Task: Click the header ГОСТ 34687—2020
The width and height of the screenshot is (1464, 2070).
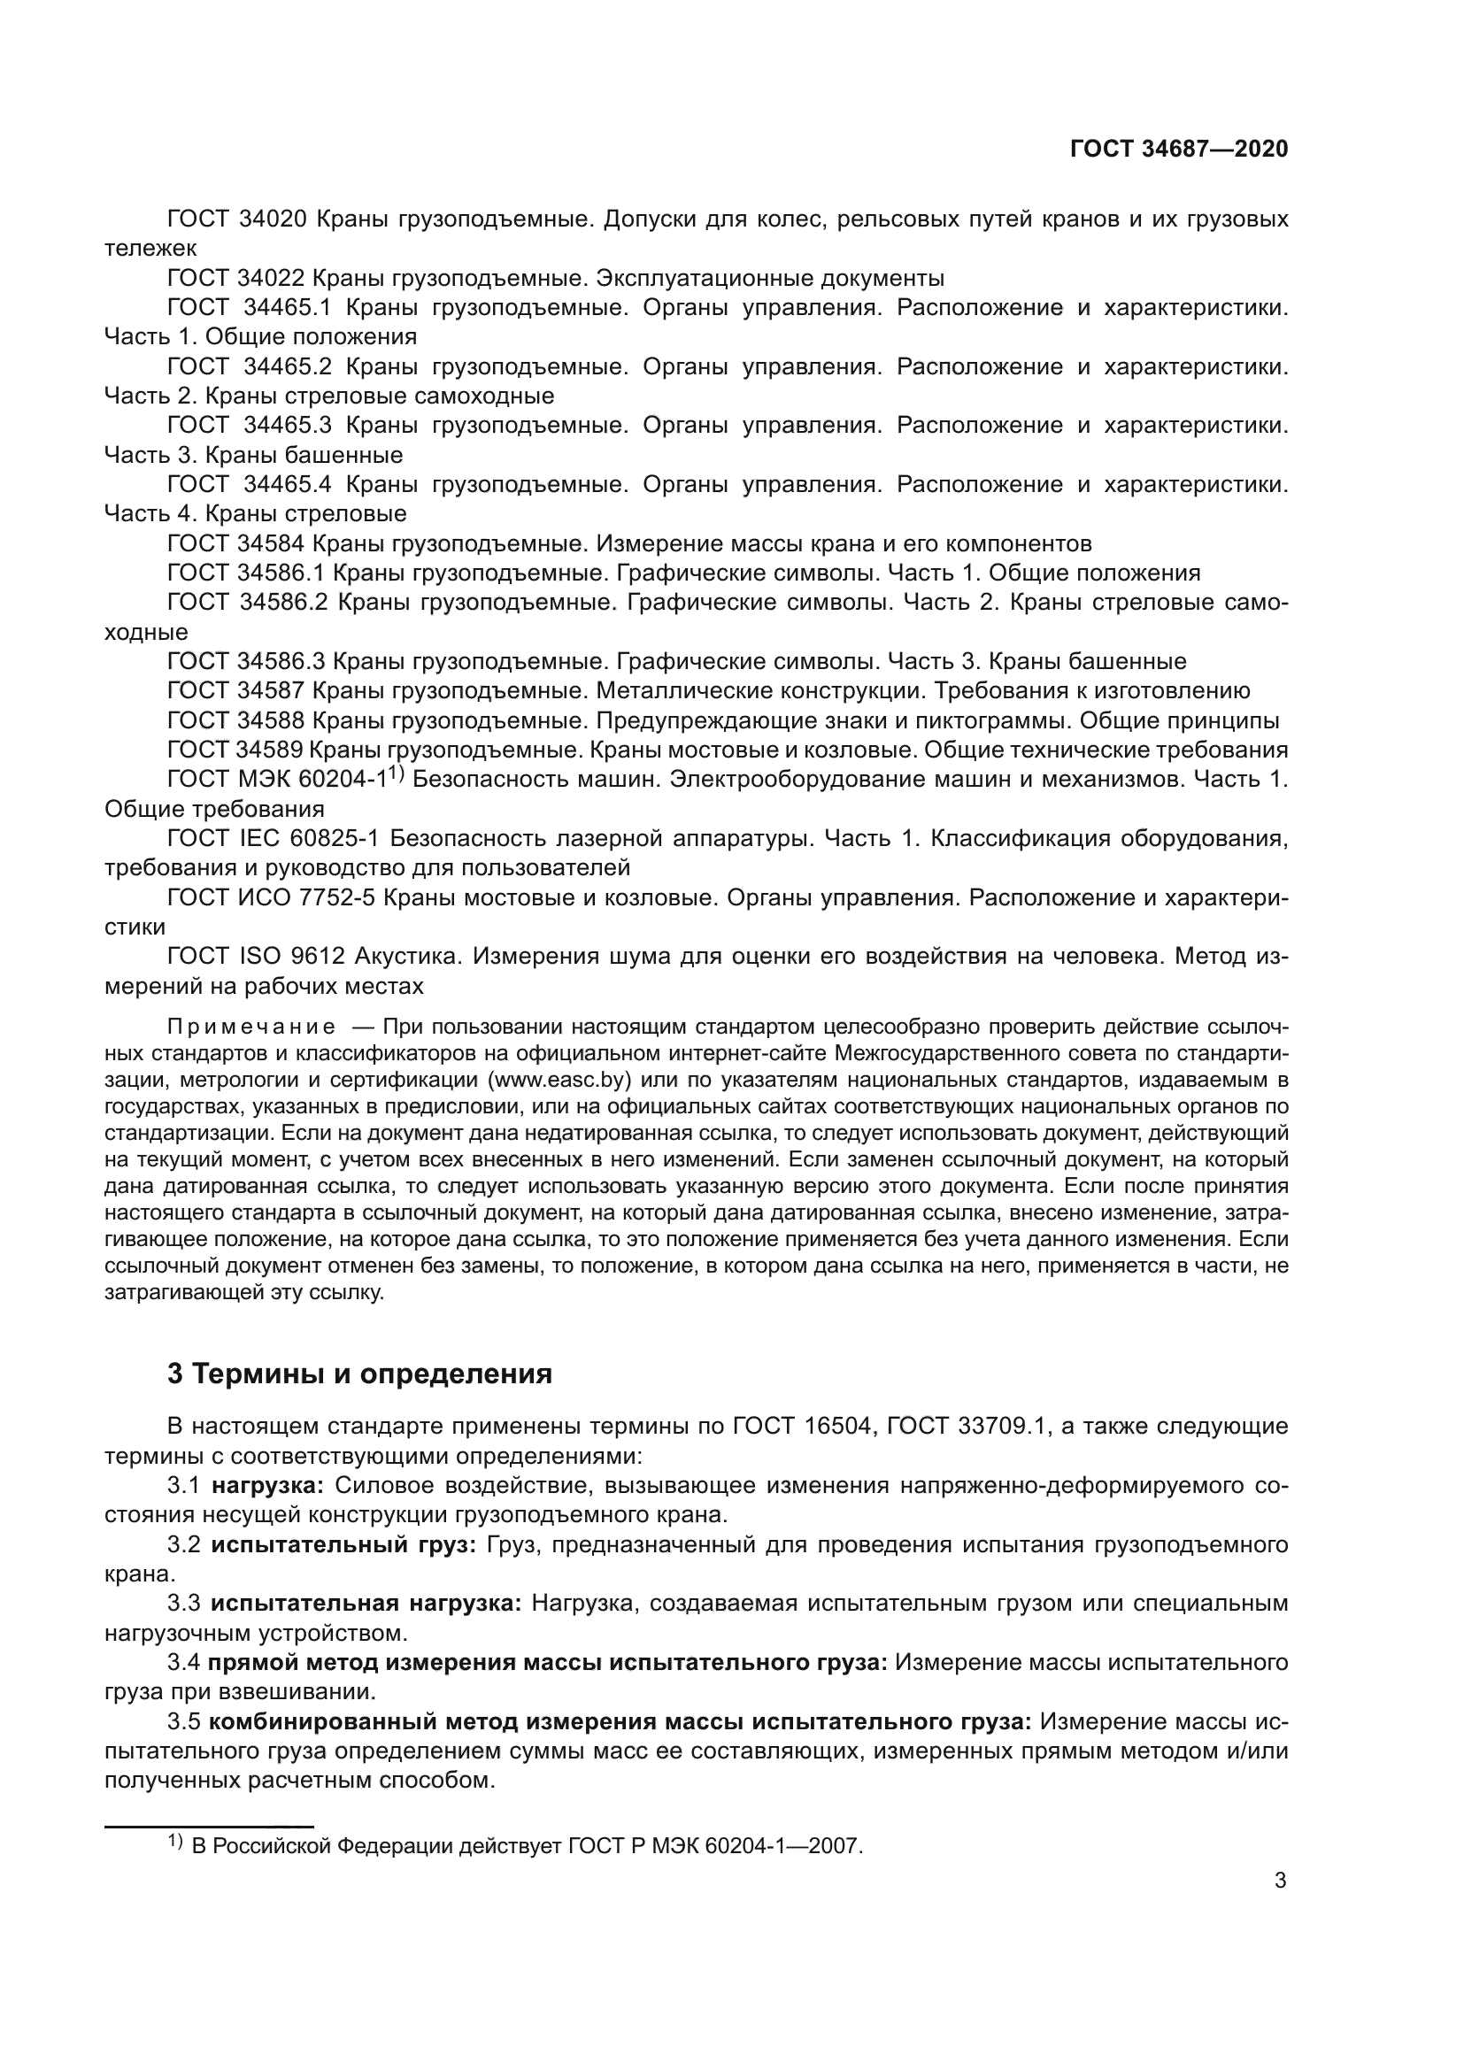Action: (1178, 149)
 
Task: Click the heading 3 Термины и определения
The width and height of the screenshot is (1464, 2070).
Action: (359, 1374)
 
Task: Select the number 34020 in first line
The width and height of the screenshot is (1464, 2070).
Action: (275, 219)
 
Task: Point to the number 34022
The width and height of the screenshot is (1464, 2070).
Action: (275, 278)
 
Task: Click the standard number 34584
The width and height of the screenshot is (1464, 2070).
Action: (275, 543)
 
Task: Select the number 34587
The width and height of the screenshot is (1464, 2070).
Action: (275, 691)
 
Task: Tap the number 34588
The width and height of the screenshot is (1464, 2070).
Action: (275, 721)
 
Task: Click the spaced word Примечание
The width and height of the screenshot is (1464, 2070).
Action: (251, 1027)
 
